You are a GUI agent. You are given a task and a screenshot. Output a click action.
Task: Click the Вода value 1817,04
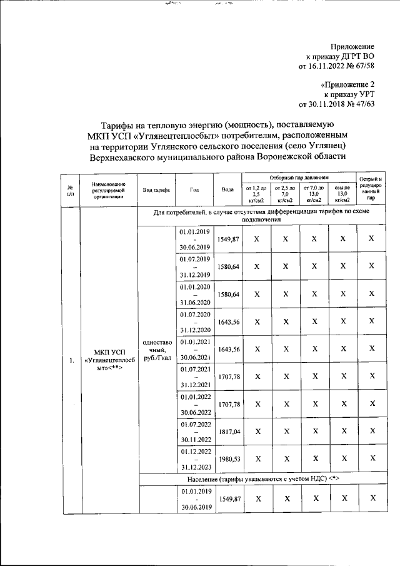coord(228,432)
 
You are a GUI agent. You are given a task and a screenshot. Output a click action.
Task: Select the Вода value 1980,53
coord(228,458)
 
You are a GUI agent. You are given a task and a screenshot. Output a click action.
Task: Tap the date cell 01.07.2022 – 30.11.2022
coord(196,432)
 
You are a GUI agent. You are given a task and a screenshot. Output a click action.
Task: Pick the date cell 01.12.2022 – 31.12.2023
coord(196,458)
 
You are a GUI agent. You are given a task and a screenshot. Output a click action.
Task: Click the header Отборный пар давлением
coord(299,178)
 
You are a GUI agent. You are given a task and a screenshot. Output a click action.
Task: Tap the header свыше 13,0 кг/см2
coord(342,195)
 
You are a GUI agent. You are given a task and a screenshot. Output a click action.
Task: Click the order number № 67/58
coord(359,66)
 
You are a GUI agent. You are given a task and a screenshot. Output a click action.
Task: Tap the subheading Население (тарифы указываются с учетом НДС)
coord(261,478)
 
